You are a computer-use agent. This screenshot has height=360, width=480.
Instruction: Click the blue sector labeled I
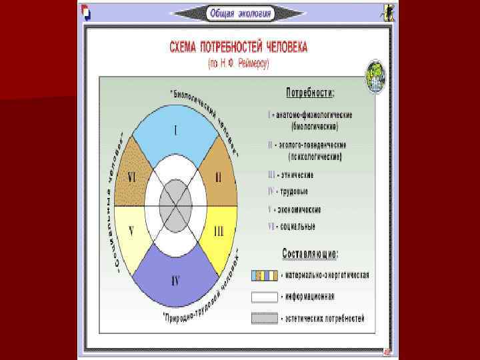175,131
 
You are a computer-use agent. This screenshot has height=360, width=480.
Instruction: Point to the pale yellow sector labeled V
132,232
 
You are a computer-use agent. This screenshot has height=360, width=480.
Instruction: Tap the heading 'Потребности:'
311,92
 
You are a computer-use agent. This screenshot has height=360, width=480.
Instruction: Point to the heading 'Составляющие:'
310,254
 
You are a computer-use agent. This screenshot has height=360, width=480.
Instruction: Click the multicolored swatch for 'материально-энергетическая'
264,275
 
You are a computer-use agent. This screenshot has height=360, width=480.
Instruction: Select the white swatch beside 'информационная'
264,297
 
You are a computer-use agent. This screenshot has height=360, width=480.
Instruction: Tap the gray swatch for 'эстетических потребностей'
264,318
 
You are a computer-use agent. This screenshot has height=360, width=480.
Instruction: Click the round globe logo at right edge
375,77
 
